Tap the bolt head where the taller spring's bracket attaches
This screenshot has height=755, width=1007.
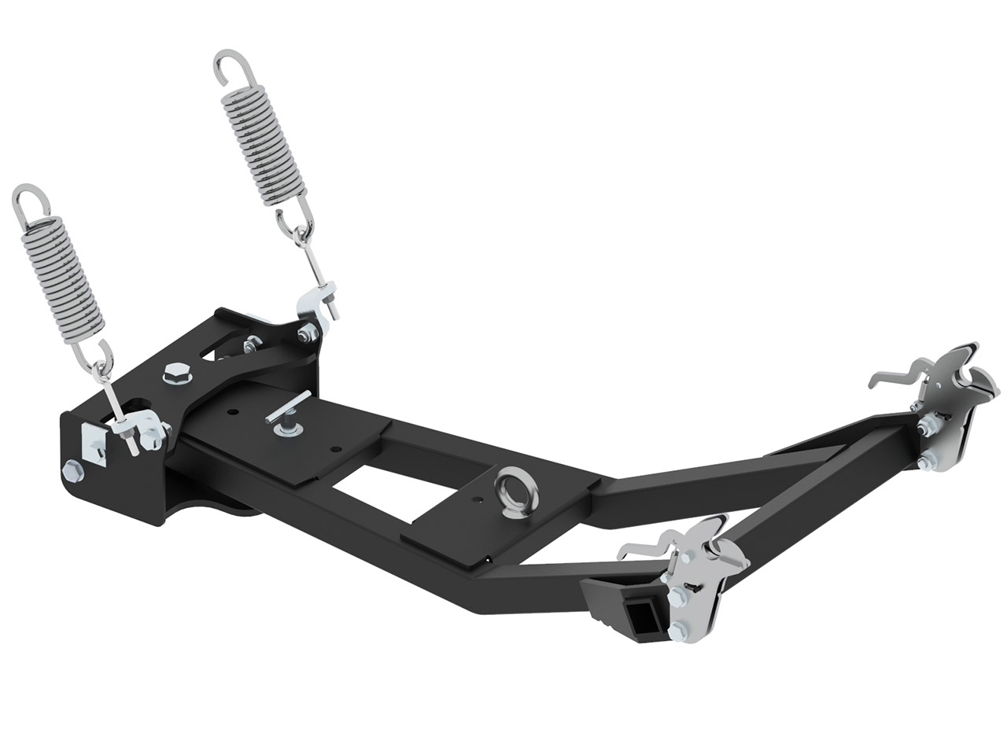(304, 336)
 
